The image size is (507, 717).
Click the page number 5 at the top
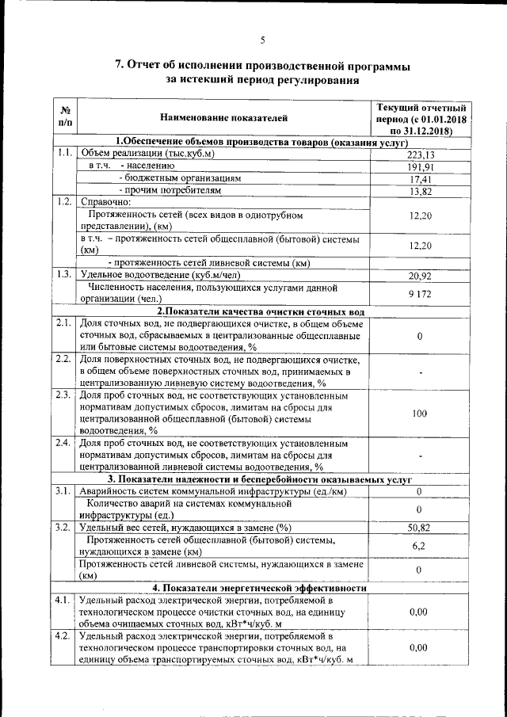pos(262,40)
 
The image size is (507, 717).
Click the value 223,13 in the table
pos(420,155)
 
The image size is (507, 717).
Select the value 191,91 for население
pos(420,167)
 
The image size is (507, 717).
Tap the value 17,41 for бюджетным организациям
pos(420,179)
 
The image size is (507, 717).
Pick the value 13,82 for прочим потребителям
pos(420,191)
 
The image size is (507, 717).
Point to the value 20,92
pos(420,276)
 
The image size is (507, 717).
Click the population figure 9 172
pos(420,293)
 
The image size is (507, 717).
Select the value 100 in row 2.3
pos(420,414)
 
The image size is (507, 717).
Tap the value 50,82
pos(420,528)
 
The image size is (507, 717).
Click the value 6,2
pos(420,546)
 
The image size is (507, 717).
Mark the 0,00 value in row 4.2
pos(420,647)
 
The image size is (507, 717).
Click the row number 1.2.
pos(65,201)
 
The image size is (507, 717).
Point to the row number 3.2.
pos(65,527)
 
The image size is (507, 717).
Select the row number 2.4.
pos(65,442)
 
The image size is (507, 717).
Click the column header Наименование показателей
pos(224,118)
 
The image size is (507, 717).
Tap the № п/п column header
pos(65,118)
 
